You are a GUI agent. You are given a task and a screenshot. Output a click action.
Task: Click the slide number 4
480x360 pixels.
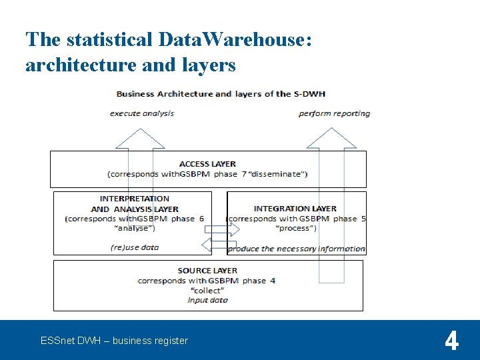pyautogui.click(x=451, y=341)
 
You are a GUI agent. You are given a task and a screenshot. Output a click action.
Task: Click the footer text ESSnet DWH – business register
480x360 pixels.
pyautogui.click(x=114, y=341)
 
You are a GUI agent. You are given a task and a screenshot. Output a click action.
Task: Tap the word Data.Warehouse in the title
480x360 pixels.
pyautogui.click(x=231, y=39)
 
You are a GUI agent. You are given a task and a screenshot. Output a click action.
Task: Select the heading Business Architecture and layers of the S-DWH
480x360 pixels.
pyautogui.click(x=221, y=94)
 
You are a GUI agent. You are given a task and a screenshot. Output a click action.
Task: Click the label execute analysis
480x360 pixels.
pyautogui.click(x=142, y=113)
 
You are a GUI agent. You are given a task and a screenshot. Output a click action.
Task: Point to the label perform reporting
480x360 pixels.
pyautogui.click(x=334, y=113)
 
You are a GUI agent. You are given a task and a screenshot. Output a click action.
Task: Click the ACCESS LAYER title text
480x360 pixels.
pyautogui.click(x=207, y=164)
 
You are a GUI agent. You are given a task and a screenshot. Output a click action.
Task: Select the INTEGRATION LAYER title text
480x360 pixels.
pyautogui.click(x=295, y=209)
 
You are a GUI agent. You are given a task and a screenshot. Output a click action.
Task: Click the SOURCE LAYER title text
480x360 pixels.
pyautogui.click(x=207, y=271)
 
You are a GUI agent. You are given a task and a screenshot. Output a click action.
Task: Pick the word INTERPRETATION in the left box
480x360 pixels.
pyautogui.click(x=134, y=199)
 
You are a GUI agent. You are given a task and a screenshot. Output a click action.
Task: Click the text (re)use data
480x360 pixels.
pyautogui.click(x=135, y=247)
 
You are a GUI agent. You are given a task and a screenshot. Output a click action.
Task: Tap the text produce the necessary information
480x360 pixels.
pyautogui.click(x=297, y=249)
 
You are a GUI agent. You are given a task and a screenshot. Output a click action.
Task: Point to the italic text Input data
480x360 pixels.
pyautogui.click(x=207, y=300)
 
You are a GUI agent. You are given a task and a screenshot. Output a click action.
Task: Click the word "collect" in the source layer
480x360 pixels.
pyautogui.click(x=207, y=291)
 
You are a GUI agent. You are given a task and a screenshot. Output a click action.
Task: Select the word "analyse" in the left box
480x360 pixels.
pyautogui.click(x=135, y=228)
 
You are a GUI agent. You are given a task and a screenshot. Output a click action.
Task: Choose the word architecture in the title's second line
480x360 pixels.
pyautogui.click(x=73, y=65)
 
